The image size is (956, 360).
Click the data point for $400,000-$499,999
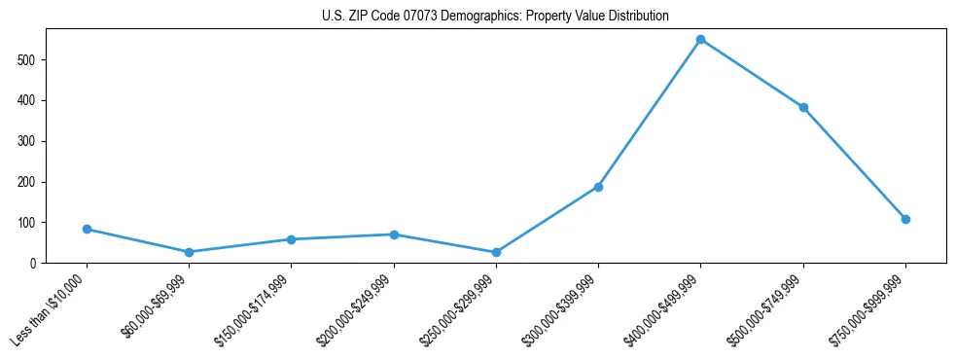(x=700, y=40)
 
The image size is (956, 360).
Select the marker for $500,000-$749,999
(x=803, y=108)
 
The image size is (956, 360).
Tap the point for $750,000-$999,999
(x=905, y=219)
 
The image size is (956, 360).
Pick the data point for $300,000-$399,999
(x=598, y=187)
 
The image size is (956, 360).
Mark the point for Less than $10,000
(x=87, y=229)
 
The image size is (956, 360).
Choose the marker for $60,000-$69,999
(x=189, y=252)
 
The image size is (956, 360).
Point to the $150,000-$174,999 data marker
(x=291, y=239)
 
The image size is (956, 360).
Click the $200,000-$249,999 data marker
(x=394, y=234)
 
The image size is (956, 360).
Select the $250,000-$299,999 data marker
(x=496, y=252)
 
